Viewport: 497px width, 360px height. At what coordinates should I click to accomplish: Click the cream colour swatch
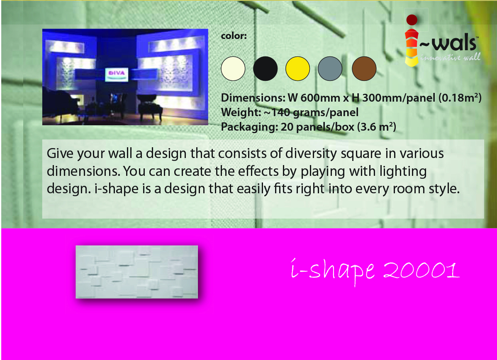point(233,68)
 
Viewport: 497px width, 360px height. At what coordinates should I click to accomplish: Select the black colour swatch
point(265,68)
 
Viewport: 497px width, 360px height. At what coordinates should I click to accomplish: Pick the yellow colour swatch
point(297,68)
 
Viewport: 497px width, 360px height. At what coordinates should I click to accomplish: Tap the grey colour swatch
point(330,68)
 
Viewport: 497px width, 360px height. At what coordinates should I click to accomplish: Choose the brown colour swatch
point(364,68)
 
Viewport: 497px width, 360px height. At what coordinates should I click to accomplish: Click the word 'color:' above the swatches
point(234,36)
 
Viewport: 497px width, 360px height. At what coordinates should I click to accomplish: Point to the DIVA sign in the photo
point(117,74)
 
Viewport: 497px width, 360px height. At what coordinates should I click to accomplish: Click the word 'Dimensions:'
point(253,97)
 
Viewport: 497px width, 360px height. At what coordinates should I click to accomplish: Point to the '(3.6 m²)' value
point(377,127)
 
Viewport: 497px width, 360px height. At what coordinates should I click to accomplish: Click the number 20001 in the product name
point(421,270)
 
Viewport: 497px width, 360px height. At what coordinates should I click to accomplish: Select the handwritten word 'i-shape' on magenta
point(333,271)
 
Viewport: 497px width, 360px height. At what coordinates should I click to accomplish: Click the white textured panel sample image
point(136,272)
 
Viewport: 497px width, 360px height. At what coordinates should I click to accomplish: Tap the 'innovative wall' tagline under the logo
point(451,57)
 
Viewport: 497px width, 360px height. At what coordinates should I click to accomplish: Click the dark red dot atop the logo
point(412,19)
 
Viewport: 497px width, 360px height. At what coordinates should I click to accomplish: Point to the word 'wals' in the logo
point(454,44)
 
